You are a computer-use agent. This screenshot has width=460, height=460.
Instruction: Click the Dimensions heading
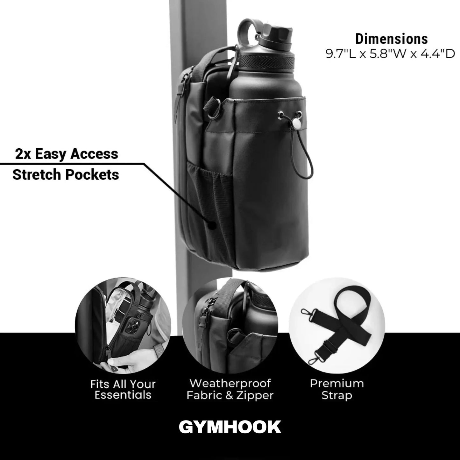(x=391, y=39)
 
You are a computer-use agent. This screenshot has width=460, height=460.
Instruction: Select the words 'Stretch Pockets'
(x=66, y=174)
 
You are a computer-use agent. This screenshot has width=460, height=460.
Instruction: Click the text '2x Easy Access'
(x=67, y=154)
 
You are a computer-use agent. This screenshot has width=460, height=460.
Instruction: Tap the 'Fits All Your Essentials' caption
(x=123, y=389)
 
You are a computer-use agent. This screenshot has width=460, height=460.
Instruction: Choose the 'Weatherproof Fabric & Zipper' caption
(x=230, y=389)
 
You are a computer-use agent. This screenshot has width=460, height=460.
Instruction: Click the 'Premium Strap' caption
(x=337, y=389)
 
